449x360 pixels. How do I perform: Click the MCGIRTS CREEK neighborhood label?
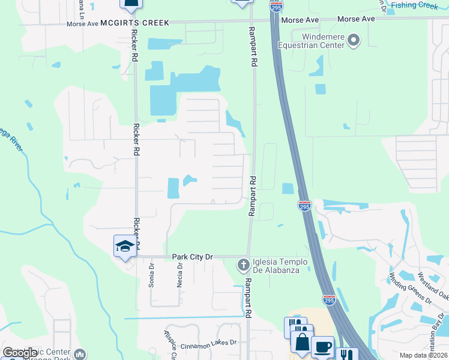(134, 22)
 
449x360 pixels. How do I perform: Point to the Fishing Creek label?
(414, 5)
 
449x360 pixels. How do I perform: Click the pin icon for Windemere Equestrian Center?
(354, 40)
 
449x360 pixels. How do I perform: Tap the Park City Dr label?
(193, 257)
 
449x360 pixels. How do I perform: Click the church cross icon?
(243, 264)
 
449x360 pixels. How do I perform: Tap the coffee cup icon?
(322, 346)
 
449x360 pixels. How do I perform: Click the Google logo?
(20, 353)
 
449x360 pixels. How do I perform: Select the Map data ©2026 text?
(423, 355)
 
